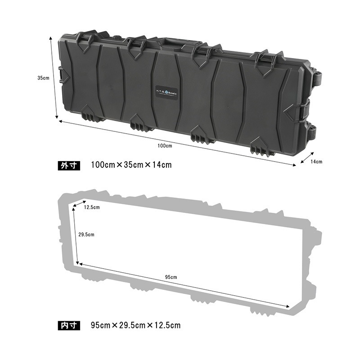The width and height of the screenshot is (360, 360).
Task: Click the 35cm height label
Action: (43, 77)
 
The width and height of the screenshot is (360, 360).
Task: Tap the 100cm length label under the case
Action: (165, 145)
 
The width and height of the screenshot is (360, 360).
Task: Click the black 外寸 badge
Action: (69, 165)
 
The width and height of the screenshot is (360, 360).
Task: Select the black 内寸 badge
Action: (69, 324)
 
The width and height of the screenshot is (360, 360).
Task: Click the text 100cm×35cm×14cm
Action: (131, 165)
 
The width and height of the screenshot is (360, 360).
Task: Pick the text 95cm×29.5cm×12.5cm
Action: (135, 324)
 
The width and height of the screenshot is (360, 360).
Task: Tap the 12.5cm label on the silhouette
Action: (92, 207)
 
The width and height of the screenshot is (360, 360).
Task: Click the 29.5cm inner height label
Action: (86, 234)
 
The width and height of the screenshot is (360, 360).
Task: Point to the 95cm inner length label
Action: (171, 277)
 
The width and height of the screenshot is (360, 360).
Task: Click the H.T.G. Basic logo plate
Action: (166, 90)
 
